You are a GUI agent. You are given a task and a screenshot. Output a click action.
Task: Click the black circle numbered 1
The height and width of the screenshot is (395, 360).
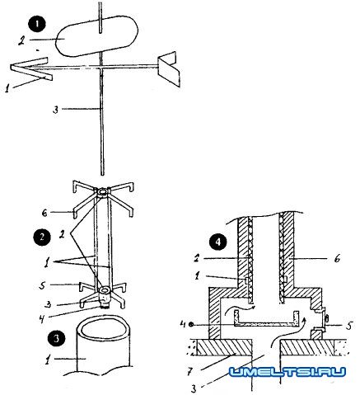pos(36,24)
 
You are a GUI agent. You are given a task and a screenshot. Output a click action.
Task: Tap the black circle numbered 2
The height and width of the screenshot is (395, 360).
pos(41,237)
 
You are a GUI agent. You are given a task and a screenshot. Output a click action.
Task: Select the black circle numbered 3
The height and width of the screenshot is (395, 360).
pos(56,338)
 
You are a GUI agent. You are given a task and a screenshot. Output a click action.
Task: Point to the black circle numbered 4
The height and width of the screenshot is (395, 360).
pos(217,242)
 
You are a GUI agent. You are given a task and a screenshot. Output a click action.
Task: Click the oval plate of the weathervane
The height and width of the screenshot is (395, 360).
pos(96,36)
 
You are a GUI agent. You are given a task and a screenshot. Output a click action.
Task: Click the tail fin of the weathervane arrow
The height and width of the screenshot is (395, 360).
pos(169,68)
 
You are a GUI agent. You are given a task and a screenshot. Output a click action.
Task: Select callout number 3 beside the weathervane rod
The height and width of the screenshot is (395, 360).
pos(56,110)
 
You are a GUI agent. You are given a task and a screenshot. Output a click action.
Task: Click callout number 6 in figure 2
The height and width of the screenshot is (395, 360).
pos(44,213)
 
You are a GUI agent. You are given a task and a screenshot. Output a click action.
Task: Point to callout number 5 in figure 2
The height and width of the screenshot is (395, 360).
pos(42,285)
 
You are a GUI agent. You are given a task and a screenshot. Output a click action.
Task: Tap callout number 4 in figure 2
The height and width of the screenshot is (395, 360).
pos(42,319)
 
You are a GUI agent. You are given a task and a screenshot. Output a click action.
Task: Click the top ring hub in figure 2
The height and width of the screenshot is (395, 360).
pos(103,191)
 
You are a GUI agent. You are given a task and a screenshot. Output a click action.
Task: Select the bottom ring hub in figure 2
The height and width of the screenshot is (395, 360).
pos(105,290)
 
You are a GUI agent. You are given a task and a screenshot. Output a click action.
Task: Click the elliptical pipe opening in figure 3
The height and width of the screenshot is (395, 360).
pos(104,327)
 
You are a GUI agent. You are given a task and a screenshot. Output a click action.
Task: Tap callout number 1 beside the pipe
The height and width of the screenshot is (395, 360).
pos(49,360)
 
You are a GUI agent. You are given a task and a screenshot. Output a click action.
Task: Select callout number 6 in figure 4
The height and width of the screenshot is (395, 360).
pos(337,259)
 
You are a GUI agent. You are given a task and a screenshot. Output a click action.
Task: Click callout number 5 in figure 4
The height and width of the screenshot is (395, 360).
pos(349,326)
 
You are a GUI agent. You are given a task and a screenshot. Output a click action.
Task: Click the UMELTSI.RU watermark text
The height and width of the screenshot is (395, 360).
pos(288,372)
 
